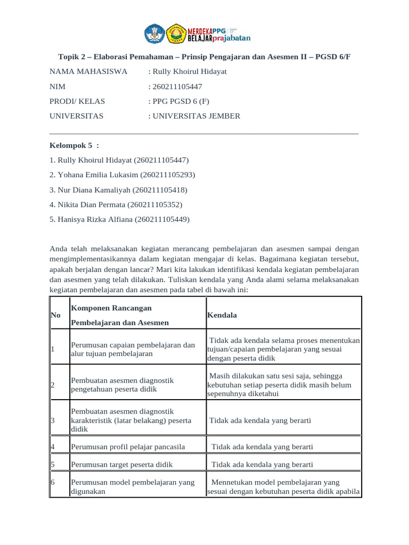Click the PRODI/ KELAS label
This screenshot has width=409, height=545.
pyautogui.click(x=77, y=101)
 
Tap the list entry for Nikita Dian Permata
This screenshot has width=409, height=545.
pyautogui.click(x=116, y=204)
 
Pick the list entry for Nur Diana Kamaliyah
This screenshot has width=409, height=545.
pyautogui.click(x=118, y=189)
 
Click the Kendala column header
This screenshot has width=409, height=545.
pyautogui.click(x=222, y=315)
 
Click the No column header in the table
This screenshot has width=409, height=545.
pyautogui.click(x=55, y=315)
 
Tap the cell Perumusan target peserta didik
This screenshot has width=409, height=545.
pyautogui.click(x=122, y=465)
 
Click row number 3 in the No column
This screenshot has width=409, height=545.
pyautogui.click(x=53, y=420)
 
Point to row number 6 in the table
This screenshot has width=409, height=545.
pyautogui.click(x=53, y=483)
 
